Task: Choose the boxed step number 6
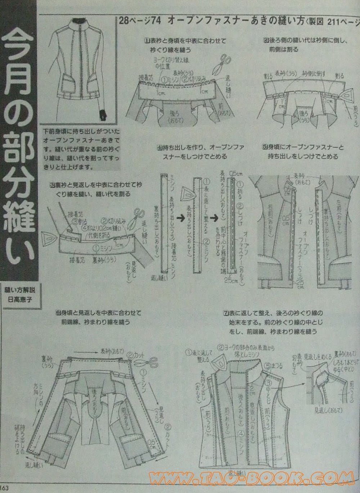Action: click(58, 312)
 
